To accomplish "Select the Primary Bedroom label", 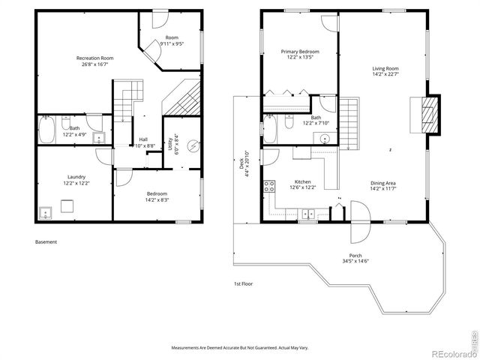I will (x=296, y=52).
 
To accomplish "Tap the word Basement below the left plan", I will (x=46, y=242).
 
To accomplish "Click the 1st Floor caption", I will (x=242, y=284).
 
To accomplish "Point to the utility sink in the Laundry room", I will (x=46, y=211).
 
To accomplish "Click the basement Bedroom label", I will (x=157, y=193).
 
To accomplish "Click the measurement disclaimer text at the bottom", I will (x=240, y=349).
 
